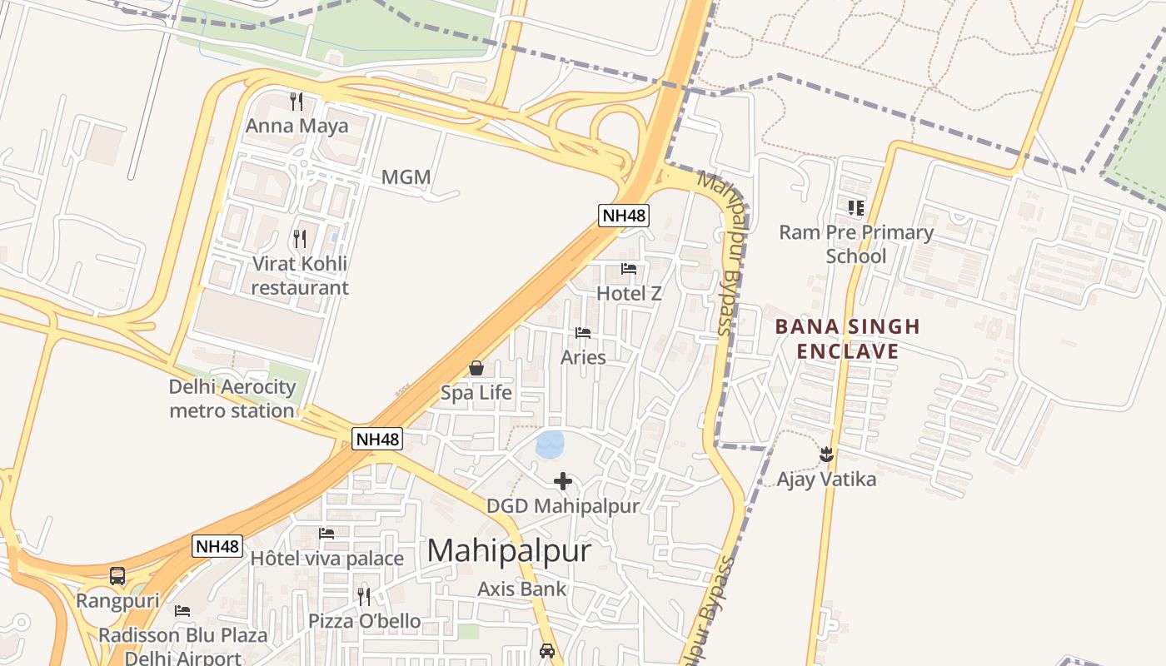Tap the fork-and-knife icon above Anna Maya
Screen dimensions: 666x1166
pos(296,102)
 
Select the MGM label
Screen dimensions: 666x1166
pos(406,177)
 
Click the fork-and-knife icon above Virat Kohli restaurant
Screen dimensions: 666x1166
pos(300,239)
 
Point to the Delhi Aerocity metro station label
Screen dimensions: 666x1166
pos(232,398)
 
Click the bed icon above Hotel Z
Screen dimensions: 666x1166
pos(629,269)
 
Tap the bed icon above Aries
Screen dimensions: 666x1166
pos(583,333)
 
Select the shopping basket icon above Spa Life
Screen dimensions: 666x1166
pos(476,368)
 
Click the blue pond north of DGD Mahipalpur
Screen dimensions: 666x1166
pos(550,445)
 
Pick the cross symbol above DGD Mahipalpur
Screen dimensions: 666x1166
pos(563,481)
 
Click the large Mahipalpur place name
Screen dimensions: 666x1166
pos(510,551)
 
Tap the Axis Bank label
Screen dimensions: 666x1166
pos(521,589)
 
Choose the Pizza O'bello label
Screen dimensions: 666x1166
pos(364,621)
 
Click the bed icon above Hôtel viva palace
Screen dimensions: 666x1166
pos(326,534)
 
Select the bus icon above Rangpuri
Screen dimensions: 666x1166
pos(117,576)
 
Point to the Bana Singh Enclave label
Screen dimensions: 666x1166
pos(848,339)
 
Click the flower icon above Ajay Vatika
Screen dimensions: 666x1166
pos(826,455)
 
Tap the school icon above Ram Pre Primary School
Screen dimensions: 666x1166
pos(856,207)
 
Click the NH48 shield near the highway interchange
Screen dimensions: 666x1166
pos(624,216)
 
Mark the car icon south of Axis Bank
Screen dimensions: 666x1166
pos(547,651)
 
